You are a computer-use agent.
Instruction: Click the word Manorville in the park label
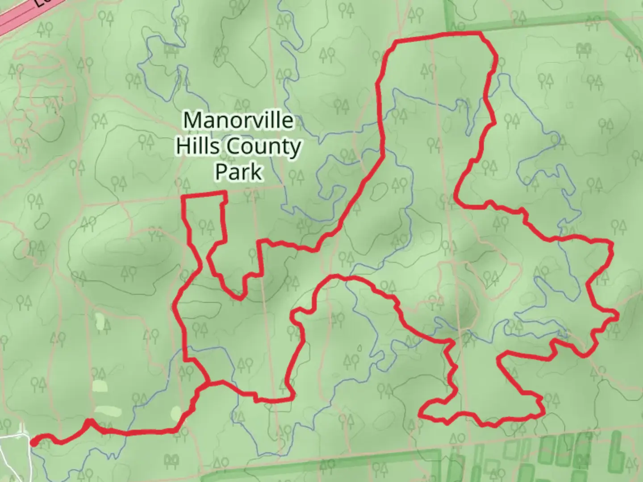pos(238,120)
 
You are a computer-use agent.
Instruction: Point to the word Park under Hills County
pos(238,172)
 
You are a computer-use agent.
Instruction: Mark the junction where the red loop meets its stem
pos(208,382)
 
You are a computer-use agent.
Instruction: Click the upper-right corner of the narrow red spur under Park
pos(224,193)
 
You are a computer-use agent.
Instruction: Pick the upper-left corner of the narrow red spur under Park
pos(184,196)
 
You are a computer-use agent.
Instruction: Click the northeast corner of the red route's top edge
pos(481,34)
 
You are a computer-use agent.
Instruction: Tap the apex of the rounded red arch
pos(346,278)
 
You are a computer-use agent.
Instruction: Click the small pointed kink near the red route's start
pos(89,420)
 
